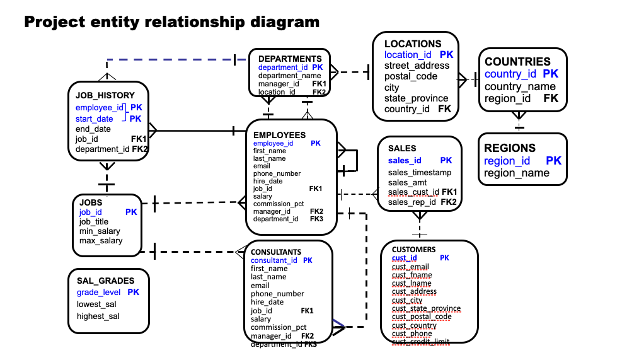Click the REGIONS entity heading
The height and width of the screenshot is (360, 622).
(510, 148)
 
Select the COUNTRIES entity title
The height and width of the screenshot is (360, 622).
(517, 62)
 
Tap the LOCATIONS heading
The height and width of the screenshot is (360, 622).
(413, 44)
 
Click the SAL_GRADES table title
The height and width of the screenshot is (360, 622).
(105, 281)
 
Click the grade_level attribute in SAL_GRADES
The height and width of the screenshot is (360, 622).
(98, 293)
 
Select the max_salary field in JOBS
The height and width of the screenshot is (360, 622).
(101, 241)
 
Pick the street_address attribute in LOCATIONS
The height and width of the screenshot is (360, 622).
(417, 66)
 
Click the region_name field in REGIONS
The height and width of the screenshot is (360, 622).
(517, 173)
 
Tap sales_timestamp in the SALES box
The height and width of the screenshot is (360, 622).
(420, 173)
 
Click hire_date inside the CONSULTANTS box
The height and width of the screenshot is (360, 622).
(267, 302)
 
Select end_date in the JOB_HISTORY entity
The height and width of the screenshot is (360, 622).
(93, 129)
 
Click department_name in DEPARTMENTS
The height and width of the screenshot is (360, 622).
(290, 76)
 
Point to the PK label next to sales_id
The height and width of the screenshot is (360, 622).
(446, 161)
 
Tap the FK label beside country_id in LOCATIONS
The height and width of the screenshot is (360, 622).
(444, 109)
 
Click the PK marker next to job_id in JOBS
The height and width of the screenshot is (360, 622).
(131, 212)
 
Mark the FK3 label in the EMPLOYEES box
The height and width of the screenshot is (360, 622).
(316, 219)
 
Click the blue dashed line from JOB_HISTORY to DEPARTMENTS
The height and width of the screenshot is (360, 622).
(170, 59)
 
